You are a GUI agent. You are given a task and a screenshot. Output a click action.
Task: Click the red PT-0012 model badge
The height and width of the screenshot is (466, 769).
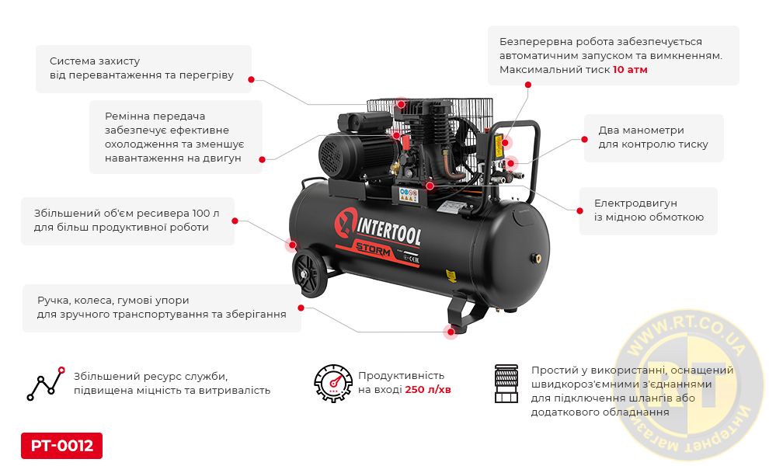62,445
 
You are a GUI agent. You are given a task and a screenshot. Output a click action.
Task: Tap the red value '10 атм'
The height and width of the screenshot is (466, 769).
630,70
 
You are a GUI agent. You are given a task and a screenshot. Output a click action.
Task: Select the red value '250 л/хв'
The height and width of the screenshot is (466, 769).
428,389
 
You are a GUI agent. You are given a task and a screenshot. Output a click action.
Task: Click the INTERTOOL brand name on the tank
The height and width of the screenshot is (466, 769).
388,232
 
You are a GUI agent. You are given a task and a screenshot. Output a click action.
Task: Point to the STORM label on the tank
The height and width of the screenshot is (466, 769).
373,249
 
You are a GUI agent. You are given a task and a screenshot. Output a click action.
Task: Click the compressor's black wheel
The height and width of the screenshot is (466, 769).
309,273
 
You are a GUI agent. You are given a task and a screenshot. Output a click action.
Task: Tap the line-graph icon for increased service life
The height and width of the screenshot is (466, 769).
46,384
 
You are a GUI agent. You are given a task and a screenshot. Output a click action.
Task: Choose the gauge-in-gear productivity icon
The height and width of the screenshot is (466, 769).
333,383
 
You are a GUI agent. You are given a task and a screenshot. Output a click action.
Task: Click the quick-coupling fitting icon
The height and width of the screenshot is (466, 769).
506,384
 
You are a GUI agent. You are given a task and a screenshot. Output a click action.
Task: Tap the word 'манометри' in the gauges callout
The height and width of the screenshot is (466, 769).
652,130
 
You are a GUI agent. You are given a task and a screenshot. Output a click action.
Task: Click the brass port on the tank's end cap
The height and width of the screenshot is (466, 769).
537,256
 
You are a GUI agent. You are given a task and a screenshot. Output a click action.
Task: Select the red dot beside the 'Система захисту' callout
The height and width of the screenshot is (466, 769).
251,79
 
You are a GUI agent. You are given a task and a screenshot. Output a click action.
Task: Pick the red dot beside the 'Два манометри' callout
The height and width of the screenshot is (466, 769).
584,139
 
